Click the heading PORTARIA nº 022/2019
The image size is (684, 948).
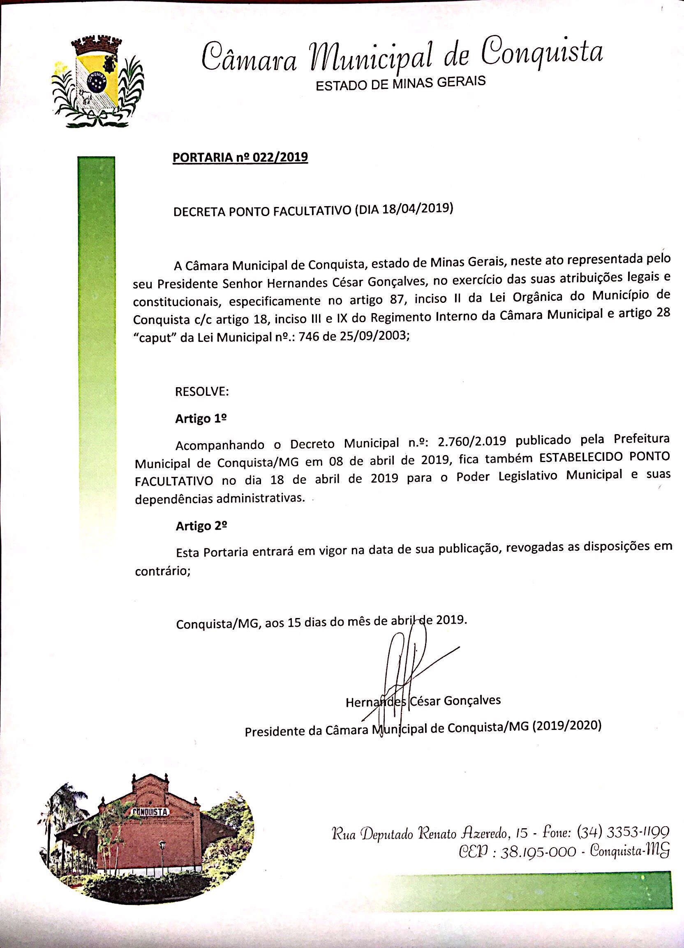[240, 158]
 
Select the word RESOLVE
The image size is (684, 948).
[201, 392]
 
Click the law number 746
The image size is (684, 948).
[315, 337]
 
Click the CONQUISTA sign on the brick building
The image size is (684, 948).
[151, 812]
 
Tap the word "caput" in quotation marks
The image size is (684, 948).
[155, 338]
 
